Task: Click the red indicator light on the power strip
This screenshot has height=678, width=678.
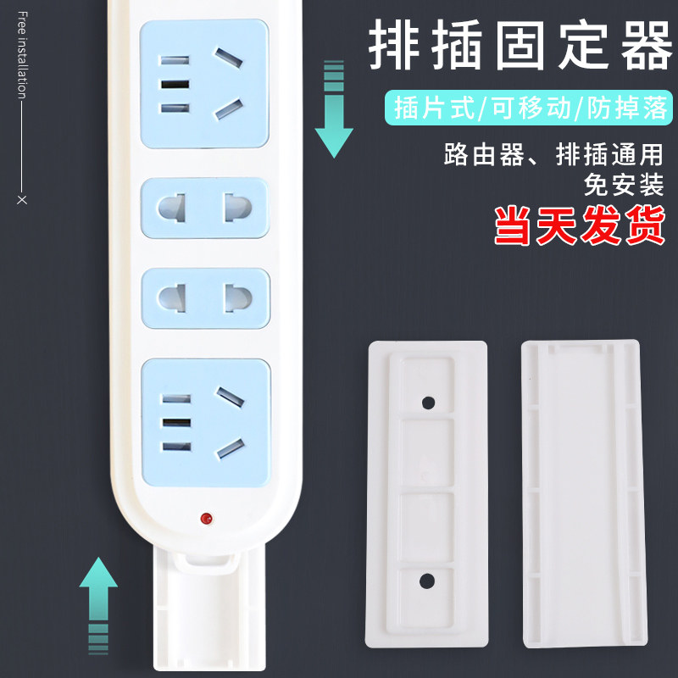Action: (204, 517)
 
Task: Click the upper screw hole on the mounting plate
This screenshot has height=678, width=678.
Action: (427, 401)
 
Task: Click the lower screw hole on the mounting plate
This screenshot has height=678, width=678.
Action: (427, 581)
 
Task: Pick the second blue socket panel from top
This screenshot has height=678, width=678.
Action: (204, 207)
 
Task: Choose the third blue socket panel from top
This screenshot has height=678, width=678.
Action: (204, 298)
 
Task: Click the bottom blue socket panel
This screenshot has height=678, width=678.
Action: (204, 421)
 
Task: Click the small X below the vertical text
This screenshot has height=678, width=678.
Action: (22, 200)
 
